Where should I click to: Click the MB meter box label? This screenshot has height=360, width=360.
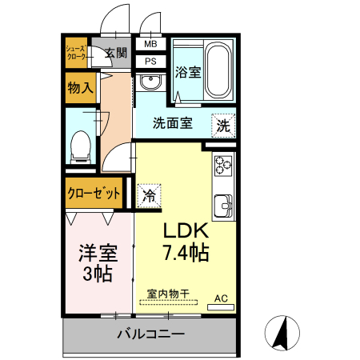point(150,44)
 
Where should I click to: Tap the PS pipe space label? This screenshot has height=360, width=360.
point(150,62)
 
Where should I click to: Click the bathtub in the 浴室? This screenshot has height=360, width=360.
point(218,70)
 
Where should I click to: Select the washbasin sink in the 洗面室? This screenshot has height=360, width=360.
point(150,82)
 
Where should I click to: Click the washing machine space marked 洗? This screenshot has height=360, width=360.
point(223,126)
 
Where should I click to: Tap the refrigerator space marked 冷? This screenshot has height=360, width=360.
point(149,196)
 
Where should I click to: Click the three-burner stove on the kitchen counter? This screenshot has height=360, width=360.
point(223,166)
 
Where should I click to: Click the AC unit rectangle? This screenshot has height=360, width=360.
point(221,307)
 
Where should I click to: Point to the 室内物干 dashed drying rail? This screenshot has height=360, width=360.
point(169,302)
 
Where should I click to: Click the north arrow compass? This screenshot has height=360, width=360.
point(282,333)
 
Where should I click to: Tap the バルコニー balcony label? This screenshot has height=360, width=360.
point(151,334)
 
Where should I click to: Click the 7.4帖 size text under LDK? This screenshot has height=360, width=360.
point(186,253)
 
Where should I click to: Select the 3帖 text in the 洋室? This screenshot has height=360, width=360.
point(98,274)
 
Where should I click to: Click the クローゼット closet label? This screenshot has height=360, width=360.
point(94,193)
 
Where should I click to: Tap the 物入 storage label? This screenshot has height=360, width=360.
point(80,87)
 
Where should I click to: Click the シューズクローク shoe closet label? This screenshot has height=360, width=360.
point(76,53)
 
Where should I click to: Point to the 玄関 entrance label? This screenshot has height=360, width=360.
point(116,53)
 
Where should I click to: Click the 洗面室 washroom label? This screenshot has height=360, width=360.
point(173,123)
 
